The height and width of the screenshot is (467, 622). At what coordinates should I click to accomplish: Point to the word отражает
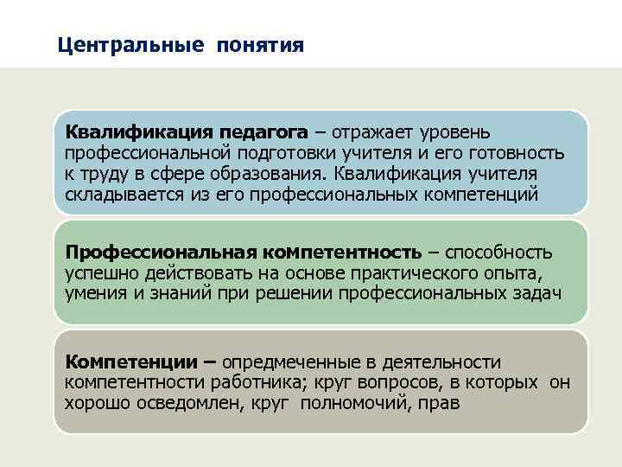[x=367, y=132]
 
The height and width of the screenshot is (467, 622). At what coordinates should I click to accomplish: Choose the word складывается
[x=124, y=195]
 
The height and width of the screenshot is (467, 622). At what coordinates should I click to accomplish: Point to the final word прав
[x=442, y=402]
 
